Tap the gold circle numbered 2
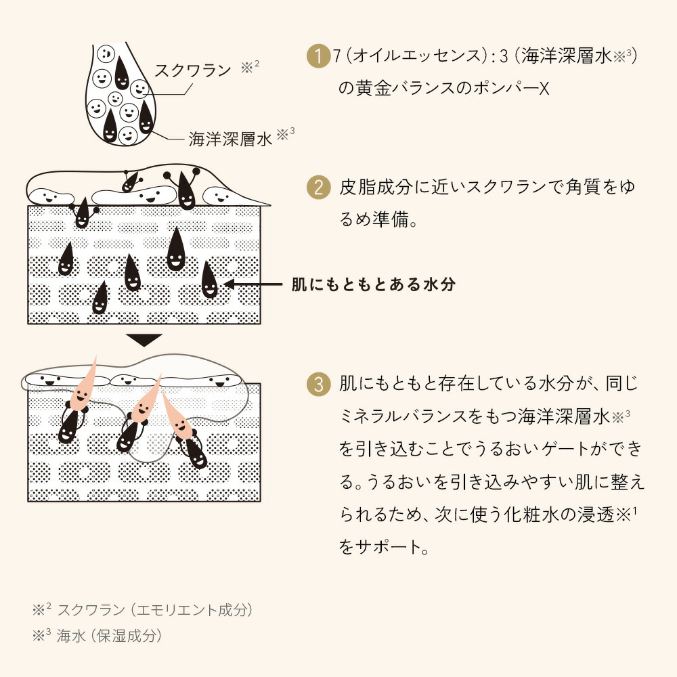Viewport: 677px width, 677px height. [x=319, y=188]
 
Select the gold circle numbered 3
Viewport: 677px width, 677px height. [x=319, y=384]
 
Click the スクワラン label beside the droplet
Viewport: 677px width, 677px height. [x=193, y=70]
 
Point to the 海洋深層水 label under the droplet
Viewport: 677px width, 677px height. [x=231, y=139]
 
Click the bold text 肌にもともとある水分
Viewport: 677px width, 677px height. [x=374, y=284]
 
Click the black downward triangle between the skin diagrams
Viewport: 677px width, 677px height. [x=144, y=340]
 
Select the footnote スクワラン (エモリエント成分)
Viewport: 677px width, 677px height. [x=154, y=610]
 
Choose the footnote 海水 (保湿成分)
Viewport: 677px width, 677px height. [x=109, y=636]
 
